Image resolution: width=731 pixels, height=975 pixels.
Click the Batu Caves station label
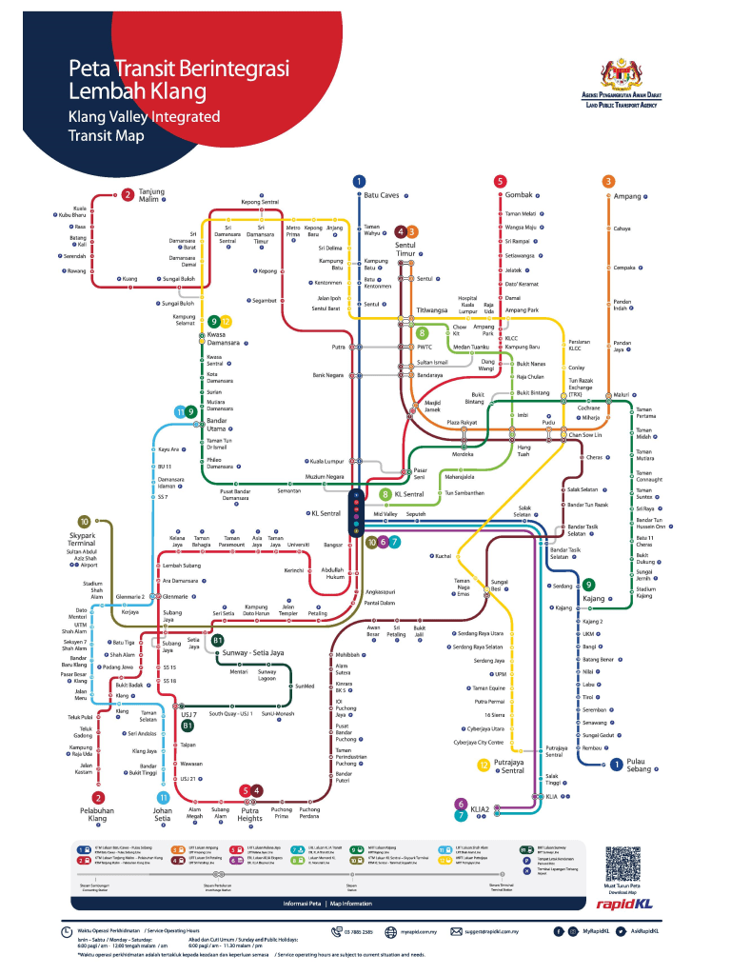tap(382, 195)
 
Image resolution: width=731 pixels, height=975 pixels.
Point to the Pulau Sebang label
tap(642, 765)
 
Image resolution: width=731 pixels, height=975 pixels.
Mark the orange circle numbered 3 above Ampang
tap(608, 181)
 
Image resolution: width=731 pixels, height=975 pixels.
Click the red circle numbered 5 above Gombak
tap(500, 181)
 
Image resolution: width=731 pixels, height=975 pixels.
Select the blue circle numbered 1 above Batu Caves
tap(359, 181)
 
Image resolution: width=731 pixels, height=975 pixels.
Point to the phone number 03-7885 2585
tap(356, 931)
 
